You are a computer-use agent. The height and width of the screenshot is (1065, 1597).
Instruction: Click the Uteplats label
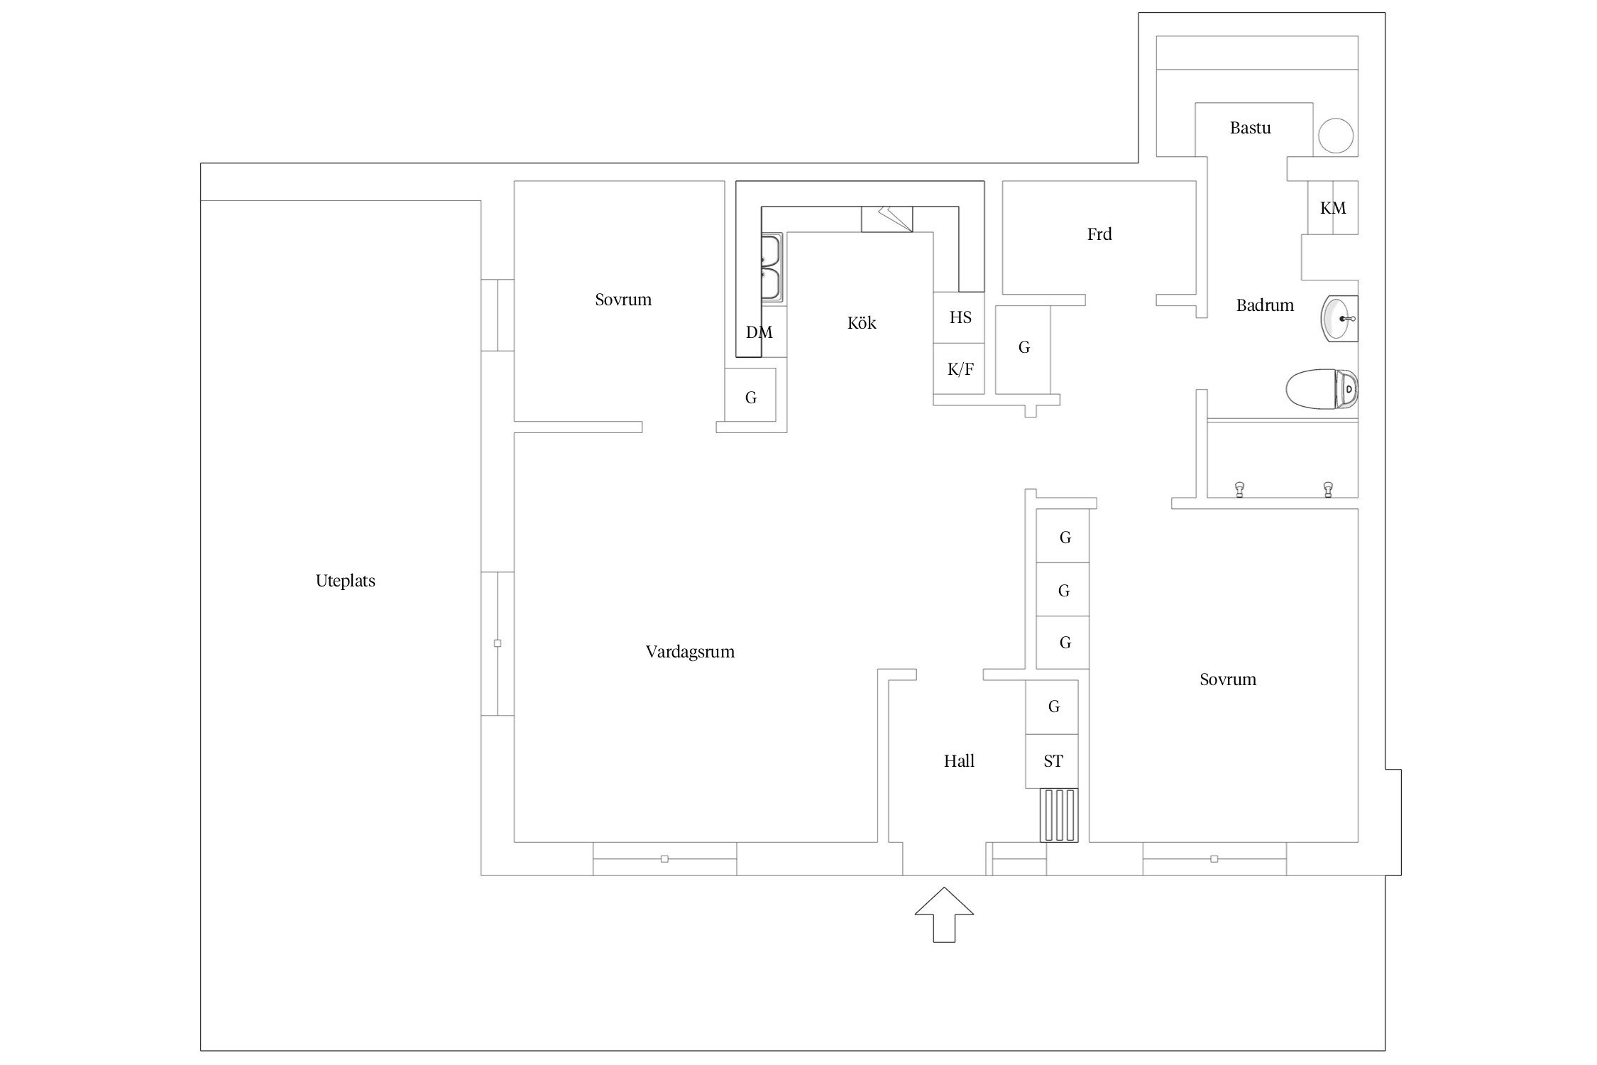pos(345,581)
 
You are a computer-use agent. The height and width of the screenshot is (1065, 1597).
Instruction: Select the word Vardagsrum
pos(690,652)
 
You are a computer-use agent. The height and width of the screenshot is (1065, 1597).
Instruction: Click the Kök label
pos(862,323)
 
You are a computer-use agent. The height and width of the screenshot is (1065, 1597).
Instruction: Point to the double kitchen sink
pos(771,268)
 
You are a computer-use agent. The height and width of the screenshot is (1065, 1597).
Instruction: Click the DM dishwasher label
pos(759,332)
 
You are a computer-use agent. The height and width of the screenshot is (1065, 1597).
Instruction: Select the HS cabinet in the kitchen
pos(959,317)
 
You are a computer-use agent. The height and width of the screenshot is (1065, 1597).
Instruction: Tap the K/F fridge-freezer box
pos(959,368)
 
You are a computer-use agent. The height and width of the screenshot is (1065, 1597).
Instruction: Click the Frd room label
pos(1099,234)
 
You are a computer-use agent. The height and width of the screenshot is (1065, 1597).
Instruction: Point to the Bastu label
pos(1250,128)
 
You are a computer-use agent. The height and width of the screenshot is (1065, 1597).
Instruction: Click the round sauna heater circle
pos(1336,136)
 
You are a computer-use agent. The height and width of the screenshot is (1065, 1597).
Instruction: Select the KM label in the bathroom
pos(1333,208)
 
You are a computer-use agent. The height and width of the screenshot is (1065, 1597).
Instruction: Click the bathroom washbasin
pos(1339,319)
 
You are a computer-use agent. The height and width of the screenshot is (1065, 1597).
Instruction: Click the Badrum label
pos(1265,305)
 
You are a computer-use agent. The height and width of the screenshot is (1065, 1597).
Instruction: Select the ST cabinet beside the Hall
pos(1052,761)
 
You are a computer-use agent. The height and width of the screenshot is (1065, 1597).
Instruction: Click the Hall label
pos(959,761)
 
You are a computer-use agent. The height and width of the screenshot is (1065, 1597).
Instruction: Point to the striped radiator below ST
pos(1059,815)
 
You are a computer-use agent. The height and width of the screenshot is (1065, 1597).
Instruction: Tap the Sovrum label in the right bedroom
pos(1228,679)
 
